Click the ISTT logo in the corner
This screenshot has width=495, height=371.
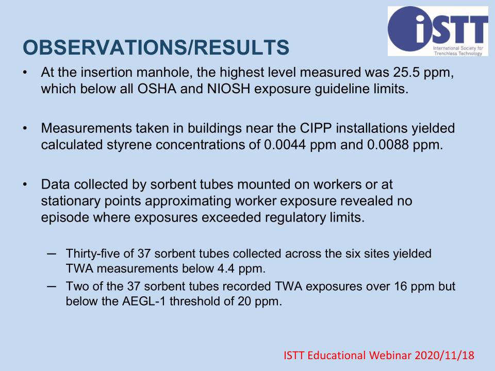pos(438,31)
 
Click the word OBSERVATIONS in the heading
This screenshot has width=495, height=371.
pos(105,47)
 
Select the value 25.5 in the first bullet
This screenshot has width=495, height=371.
pos(406,73)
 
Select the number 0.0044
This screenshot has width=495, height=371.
pos(285,145)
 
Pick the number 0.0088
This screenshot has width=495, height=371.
pos(388,145)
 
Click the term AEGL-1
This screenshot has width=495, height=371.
pos(144,301)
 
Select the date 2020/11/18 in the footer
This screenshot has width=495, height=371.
pos(444,356)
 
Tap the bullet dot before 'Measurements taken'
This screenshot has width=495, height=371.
pos(25,128)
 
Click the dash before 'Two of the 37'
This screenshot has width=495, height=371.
pos(52,286)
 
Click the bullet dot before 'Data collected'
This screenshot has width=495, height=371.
pos(25,184)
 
